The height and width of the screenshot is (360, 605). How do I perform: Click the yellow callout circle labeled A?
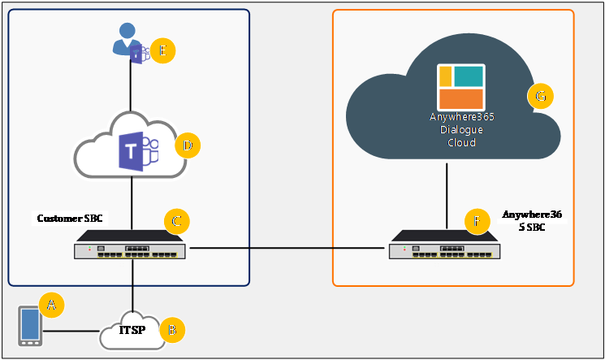pyautogui.click(x=51, y=305)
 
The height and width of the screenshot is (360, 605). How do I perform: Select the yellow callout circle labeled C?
pyautogui.click(x=176, y=221)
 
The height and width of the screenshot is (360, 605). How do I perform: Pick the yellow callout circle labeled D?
pyautogui.click(x=188, y=145)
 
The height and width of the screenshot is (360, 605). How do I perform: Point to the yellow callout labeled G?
pyautogui.click(x=540, y=98)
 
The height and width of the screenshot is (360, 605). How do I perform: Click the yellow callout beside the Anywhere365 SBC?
pyautogui.click(x=477, y=220)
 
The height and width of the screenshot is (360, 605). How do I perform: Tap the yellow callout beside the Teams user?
pyautogui.click(x=163, y=50)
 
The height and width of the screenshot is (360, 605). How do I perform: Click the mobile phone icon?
pyautogui.click(x=31, y=326)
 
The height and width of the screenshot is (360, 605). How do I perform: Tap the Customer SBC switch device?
pyautogui.click(x=130, y=246)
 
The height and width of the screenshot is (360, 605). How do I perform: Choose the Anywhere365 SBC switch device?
pyautogui.click(x=445, y=246)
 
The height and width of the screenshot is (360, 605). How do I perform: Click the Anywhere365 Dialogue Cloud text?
pyautogui.click(x=461, y=130)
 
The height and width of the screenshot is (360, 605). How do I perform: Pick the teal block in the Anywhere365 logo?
pyautogui.click(x=469, y=76)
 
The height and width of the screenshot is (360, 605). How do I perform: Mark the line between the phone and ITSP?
pyautogui.click(x=71, y=331)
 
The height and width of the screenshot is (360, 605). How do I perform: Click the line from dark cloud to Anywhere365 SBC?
pyautogui.click(x=447, y=195)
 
